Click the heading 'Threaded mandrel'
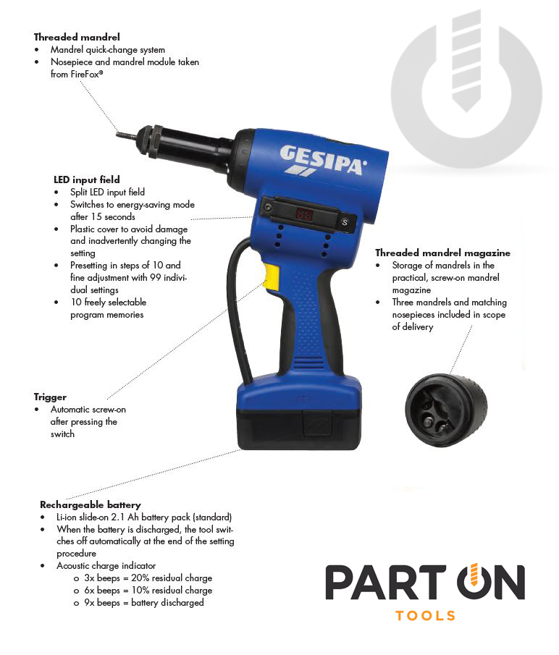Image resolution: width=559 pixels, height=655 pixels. pyautogui.click(x=77, y=37)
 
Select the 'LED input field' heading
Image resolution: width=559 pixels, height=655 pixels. pyautogui.click(x=87, y=179)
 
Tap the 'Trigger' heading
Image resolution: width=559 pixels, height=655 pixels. pyautogui.click(x=50, y=397)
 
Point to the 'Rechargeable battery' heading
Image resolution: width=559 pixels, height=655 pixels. pyautogui.click(x=91, y=504)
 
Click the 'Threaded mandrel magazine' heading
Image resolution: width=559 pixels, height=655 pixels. pyautogui.click(x=442, y=253)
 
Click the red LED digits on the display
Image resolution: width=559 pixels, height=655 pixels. pyautogui.click(x=303, y=214)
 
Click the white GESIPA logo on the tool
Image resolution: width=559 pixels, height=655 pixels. pyautogui.click(x=322, y=160)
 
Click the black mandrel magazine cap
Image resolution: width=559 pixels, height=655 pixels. pyautogui.click(x=446, y=410)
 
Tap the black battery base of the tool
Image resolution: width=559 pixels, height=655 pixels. pyautogui.click(x=299, y=429)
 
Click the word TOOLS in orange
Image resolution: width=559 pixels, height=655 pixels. pyautogui.click(x=425, y=616)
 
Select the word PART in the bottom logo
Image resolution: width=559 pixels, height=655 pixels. pyautogui.click(x=386, y=583)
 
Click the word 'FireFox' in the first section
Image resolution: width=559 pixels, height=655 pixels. pyautogui.click(x=86, y=75)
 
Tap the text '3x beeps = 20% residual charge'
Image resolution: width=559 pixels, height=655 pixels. pyautogui.click(x=148, y=578)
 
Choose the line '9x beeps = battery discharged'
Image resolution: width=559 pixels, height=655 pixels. pyautogui.click(x=143, y=603)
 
